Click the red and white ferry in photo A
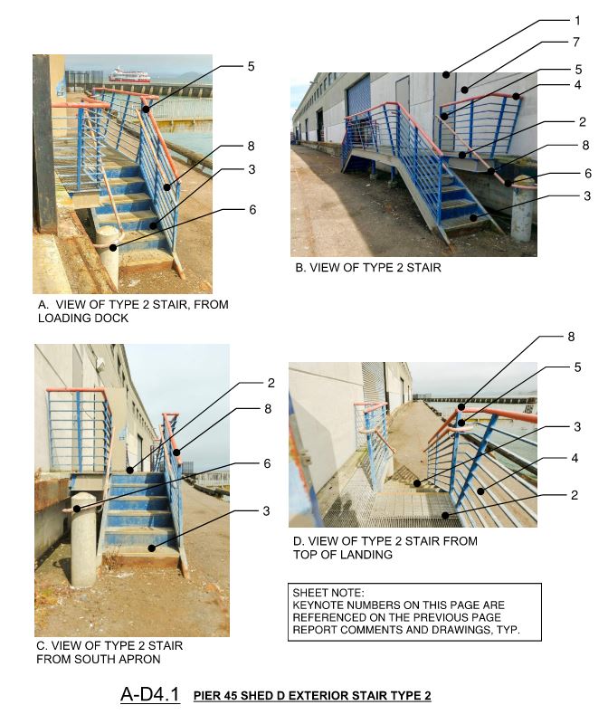(x=129, y=75)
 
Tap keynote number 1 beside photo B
(x=577, y=20)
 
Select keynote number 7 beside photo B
(x=576, y=42)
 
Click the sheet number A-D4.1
(x=150, y=694)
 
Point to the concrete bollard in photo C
(x=83, y=538)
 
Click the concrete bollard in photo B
(x=522, y=210)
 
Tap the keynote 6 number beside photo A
(x=252, y=210)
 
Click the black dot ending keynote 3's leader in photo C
(x=151, y=548)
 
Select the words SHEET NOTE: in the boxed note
(x=328, y=593)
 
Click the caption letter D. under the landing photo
(x=299, y=541)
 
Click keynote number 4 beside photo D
(x=575, y=458)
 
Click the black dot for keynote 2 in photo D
(x=445, y=515)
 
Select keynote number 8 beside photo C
(x=268, y=409)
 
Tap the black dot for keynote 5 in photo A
(x=146, y=110)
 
